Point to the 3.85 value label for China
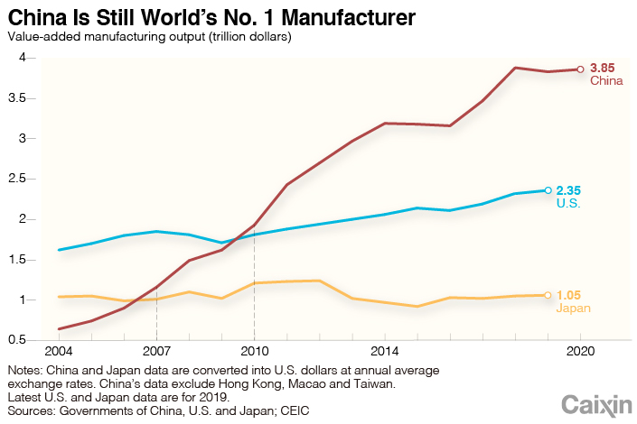603,68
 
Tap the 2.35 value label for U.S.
570,190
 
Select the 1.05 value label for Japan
570,295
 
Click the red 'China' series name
606,81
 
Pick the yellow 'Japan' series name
573,309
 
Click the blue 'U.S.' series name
568,204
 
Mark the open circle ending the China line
580,69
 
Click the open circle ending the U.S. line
548,190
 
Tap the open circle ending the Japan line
548,295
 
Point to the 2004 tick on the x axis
60,350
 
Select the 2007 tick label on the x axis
156,350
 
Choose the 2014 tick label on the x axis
385,350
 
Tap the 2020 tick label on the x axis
579,350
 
